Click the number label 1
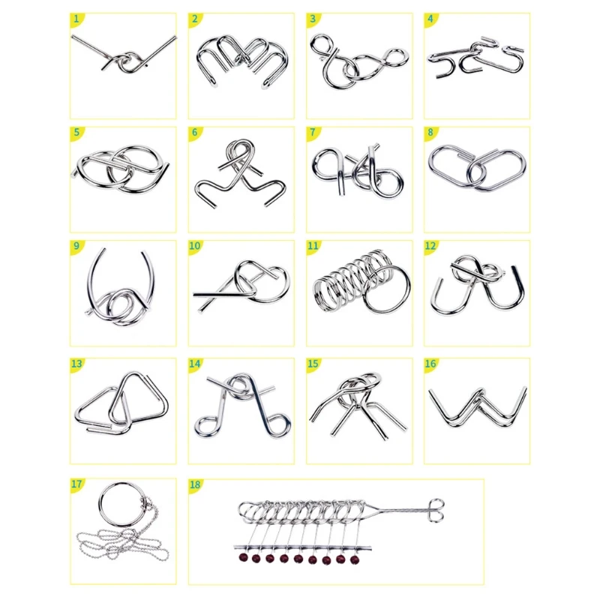76,18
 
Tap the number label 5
76,133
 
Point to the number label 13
76,364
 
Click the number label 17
76,484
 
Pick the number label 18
196,484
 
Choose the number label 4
430,18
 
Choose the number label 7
313,133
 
